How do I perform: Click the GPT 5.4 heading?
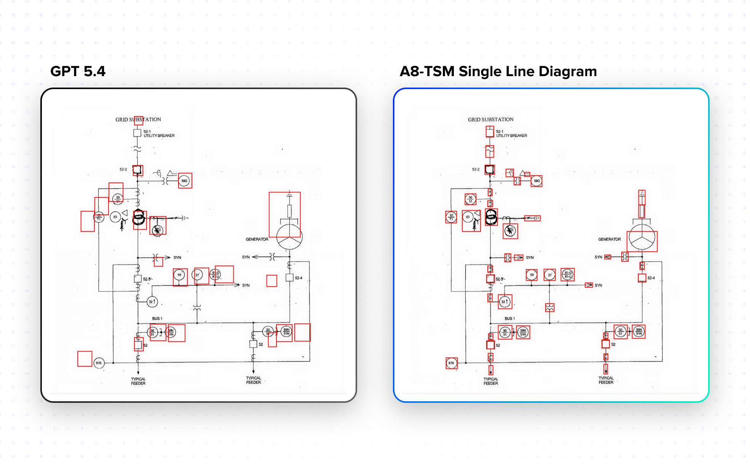[78, 72]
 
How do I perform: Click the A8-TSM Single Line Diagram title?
[498, 72]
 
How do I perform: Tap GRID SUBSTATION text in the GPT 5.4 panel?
[138, 120]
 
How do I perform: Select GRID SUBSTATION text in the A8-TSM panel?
[491, 120]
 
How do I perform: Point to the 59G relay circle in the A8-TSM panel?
[537, 181]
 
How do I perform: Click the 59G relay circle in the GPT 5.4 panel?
[184, 181]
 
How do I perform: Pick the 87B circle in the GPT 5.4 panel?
[99, 363]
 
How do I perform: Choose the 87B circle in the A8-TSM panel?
[451, 363]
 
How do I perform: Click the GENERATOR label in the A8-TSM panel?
[609, 239]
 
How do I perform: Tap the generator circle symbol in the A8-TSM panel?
[642, 237]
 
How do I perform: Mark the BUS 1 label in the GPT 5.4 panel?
[157, 319]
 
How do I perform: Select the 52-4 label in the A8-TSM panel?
[651, 278]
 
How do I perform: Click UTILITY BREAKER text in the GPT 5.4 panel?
[159, 136]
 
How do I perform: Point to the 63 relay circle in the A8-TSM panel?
[468, 217]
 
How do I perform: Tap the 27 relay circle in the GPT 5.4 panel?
[197, 275]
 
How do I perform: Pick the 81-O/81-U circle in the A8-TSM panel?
[568, 274]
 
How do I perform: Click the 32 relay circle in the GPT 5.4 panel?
[152, 302]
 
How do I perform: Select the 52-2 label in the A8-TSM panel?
[476, 169]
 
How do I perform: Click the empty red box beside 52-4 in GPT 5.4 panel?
[271, 281]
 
